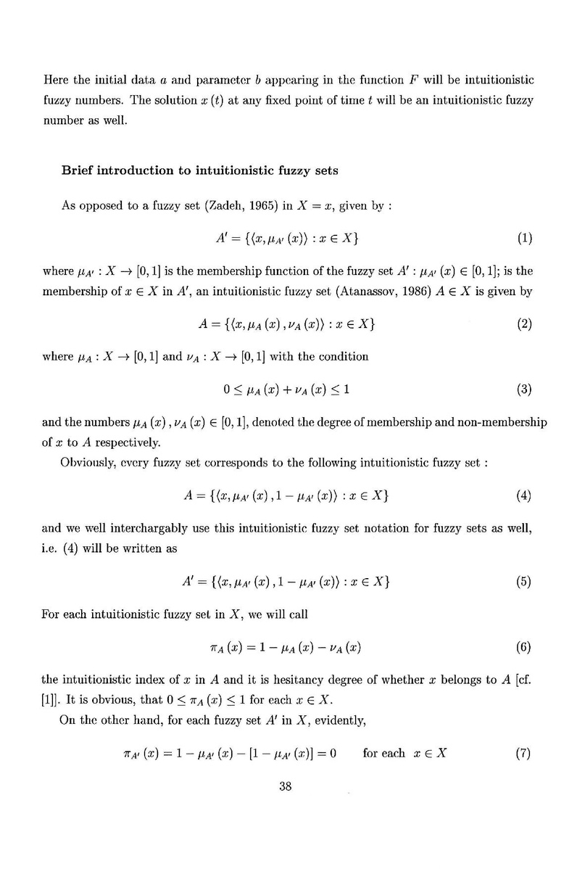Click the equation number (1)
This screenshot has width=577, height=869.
pos(525,238)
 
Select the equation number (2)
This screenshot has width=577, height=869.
pos(525,324)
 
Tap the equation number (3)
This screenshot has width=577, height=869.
pos(525,390)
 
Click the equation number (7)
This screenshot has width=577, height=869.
pos(525,753)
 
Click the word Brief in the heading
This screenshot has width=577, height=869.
pos(77,172)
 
